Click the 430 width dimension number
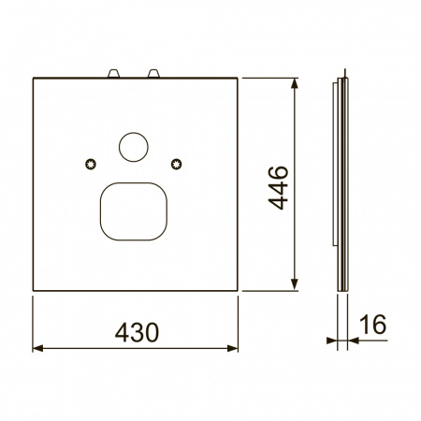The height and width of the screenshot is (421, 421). [x=137, y=332]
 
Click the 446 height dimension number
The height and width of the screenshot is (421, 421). [x=278, y=188]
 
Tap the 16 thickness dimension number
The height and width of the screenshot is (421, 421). [x=373, y=325]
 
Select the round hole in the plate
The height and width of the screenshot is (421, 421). [x=134, y=147]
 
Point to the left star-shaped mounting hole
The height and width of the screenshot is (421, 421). [x=91, y=164]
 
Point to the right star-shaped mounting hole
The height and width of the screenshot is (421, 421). [x=177, y=164]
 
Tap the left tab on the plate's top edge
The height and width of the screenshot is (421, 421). [x=113, y=74]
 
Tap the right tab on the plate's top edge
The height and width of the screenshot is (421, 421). [x=153, y=74]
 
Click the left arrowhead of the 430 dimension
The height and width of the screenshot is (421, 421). [x=37, y=348]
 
